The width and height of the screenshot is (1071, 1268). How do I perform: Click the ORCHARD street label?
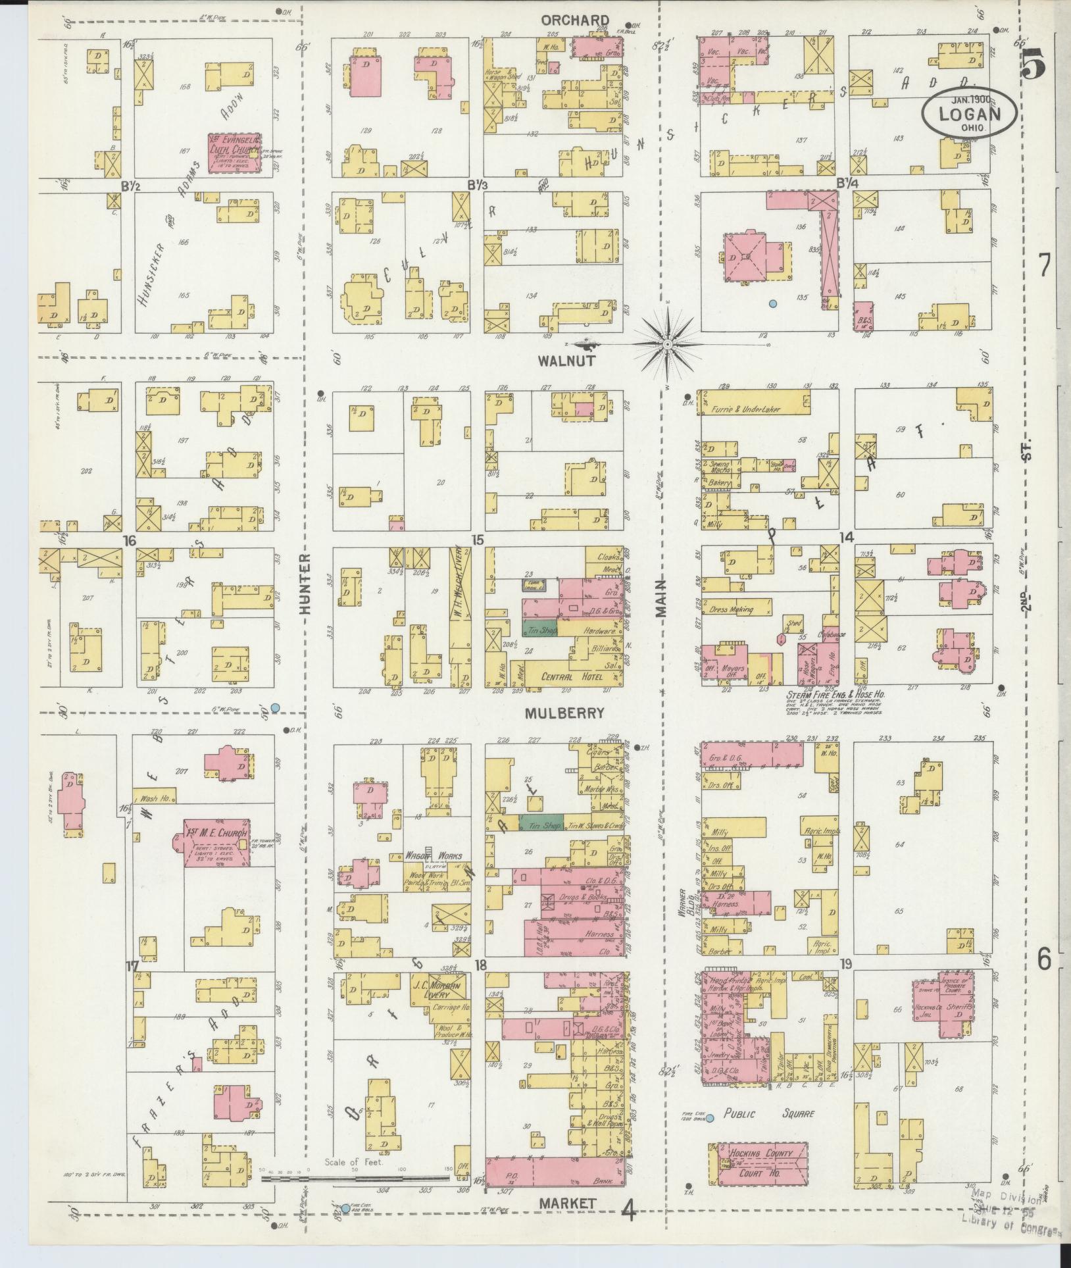coord(574,20)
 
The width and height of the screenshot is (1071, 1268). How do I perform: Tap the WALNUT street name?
coord(566,361)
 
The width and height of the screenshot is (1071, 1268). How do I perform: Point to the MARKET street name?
coord(567,1204)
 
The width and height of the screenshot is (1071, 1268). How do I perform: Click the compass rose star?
coord(667,343)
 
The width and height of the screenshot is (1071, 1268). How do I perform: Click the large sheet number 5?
coord(1035,64)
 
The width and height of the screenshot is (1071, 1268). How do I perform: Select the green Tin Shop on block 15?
coord(539,630)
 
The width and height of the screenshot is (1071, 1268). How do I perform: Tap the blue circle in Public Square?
coord(710,1117)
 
